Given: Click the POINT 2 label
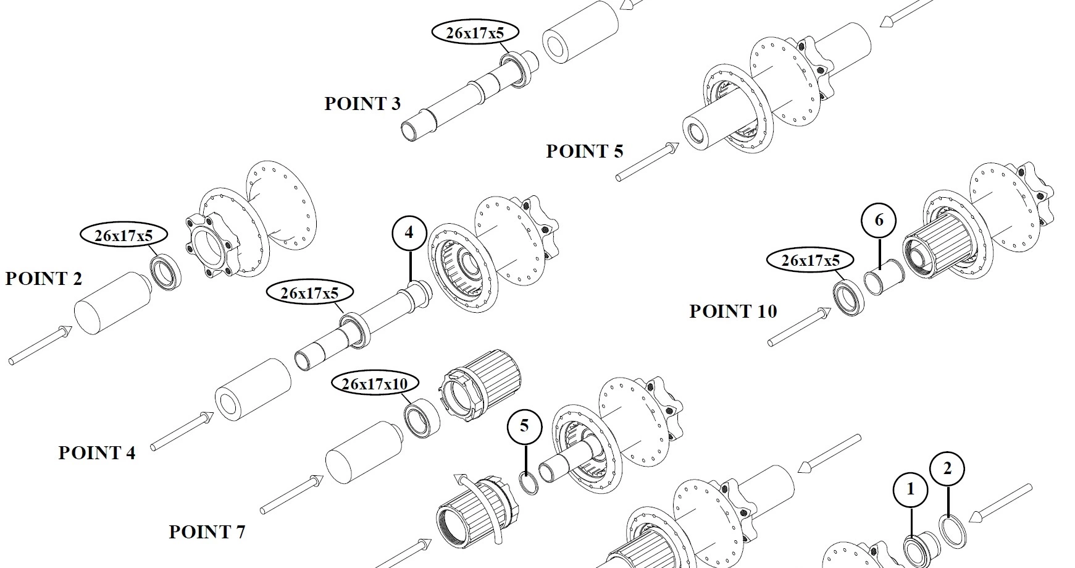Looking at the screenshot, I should [x=43, y=279].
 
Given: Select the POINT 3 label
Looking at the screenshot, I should [x=362, y=103].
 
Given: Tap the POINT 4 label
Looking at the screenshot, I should [x=96, y=453].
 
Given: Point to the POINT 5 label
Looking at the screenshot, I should [x=584, y=151].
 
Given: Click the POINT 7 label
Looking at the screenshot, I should [x=207, y=532].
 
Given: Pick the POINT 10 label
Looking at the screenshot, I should [x=733, y=311].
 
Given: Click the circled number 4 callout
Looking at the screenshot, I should [x=409, y=233].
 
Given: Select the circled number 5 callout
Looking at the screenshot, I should [x=524, y=426].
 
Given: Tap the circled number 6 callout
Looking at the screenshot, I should [x=879, y=220].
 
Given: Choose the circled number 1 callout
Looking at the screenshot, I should [x=910, y=490].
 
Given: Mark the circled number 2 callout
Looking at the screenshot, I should [x=948, y=469].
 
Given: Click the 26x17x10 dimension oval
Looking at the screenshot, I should [x=375, y=384].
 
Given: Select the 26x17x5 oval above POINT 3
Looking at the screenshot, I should [x=474, y=33].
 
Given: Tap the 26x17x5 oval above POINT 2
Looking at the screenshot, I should [x=123, y=235].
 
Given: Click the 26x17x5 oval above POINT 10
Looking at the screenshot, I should [x=811, y=260].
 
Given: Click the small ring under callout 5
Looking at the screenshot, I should [x=528, y=483].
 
